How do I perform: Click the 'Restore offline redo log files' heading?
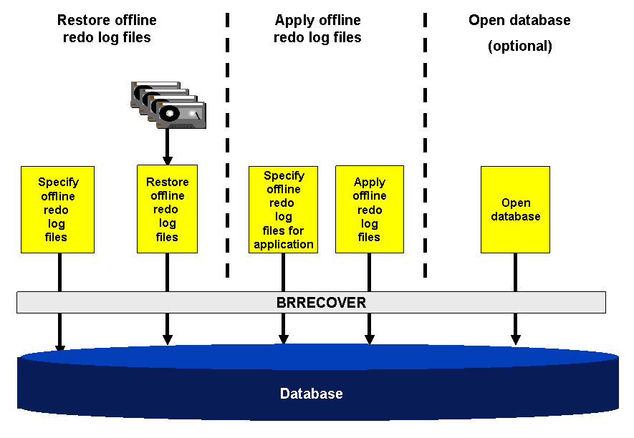click(107, 29)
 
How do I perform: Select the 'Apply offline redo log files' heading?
click(317, 29)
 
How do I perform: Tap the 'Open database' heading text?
click(519, 20)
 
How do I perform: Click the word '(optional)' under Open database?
click(519, 47)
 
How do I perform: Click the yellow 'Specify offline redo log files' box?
click(58, 210)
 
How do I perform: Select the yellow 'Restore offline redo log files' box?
click(167, 209)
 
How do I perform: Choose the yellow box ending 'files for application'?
click(284, 210)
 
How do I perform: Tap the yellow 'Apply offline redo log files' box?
click(369, 209)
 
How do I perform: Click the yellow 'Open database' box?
click(515, 209)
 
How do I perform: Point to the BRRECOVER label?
click(321, 303)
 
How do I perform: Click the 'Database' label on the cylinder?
click(311, 394)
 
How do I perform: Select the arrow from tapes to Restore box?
click(167, 147)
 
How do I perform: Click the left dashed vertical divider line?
click(227, 143)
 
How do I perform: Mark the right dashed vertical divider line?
click(425, 143)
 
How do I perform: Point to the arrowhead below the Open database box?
click(515, 338)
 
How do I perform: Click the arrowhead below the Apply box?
click(370, 338)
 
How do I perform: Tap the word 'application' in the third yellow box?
click(284, 244)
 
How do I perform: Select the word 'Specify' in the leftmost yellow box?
click(58, 182)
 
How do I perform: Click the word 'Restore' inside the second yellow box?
click(167, 182)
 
